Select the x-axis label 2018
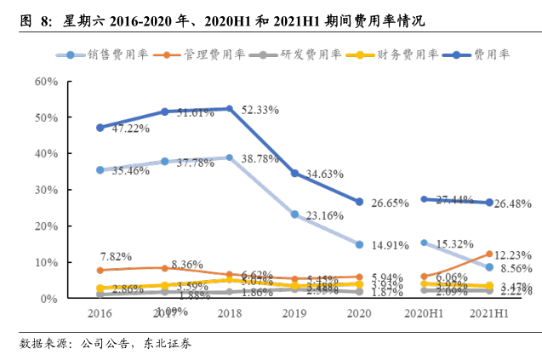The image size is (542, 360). pos(230,312)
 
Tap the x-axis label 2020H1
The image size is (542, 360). pos(425,312)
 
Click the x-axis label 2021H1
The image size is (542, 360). pos(489,312)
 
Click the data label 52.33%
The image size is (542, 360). pos(265,109)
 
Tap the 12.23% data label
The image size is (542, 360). pos(514,254)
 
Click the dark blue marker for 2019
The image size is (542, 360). pos(294,174)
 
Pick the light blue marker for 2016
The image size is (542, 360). pos(100,170)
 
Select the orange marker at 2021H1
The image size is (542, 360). pos(489,254)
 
